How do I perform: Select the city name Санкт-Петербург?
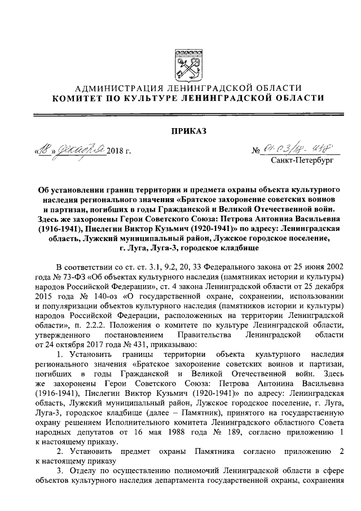click(x=302, y=161)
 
